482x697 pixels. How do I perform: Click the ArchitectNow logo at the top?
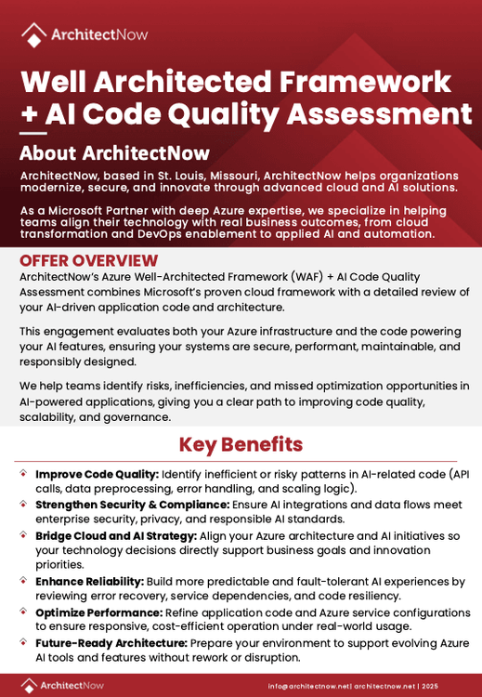point(84,34)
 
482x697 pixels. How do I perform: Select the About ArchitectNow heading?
point(114,153)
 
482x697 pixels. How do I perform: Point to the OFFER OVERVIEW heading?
point(88,261)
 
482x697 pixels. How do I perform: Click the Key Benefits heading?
point(241,444)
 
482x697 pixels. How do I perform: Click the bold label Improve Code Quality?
point(97,474)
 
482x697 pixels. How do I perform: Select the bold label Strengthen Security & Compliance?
point(132,505)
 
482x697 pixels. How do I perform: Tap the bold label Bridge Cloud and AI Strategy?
point(116,535)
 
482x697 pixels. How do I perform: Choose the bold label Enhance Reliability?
point(89,582)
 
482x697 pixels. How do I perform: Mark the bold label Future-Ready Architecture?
point(111,643)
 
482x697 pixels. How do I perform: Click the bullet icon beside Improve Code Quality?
point(23,474)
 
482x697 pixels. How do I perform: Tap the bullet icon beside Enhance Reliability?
point(23,581)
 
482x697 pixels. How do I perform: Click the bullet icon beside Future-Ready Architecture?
point(23,642)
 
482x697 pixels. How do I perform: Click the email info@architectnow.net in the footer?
point(308,686)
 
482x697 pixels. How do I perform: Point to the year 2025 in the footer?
point(430,686)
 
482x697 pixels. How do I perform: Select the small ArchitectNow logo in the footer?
point(62,685)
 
